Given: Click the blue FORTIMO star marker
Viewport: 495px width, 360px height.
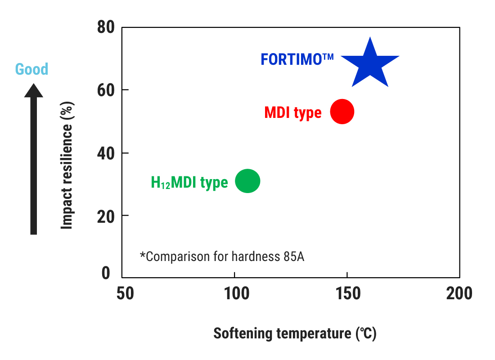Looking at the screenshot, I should (370, 63).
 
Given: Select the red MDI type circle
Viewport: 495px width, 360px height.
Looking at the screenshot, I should (342, 112).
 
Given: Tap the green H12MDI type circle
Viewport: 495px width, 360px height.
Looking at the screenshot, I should (247, 181).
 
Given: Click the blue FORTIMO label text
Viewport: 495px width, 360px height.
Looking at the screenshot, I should (297, 59).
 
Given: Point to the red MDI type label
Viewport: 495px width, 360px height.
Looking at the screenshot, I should (293, 112).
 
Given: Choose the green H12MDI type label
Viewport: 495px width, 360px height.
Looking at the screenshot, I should (189, 182).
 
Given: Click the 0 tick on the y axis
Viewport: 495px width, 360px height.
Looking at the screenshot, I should (106, 273).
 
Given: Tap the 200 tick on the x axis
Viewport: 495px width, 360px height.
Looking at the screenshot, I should (459, 293).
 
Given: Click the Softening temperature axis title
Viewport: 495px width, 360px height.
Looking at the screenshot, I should (295, 334).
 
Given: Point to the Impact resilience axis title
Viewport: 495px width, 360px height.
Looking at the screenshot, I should (67, 165).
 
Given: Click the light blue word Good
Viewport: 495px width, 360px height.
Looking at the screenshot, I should (31, 69).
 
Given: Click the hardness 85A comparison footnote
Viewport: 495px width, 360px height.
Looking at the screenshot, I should (222, 256).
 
